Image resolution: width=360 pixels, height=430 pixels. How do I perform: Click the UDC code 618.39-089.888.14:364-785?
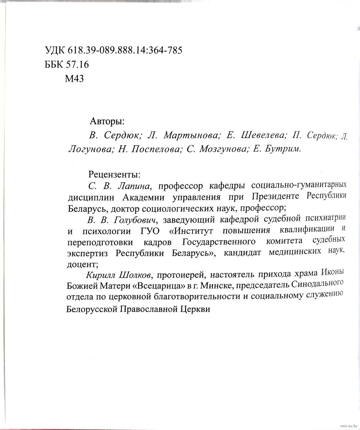[x=125, y=50]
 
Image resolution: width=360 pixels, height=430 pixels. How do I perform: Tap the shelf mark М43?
[x=74, y=79]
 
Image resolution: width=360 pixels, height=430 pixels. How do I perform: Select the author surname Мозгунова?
[x=222, y=149]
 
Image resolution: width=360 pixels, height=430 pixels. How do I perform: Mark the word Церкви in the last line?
[x=194, y=309]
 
